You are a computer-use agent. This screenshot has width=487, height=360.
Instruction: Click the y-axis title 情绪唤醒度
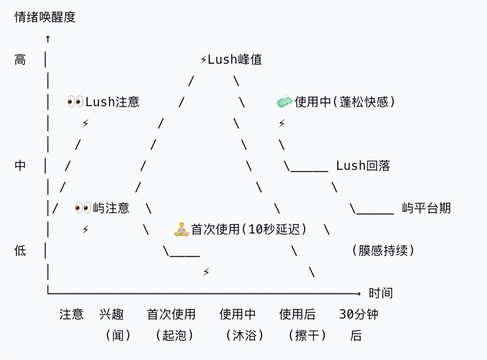point(45,17)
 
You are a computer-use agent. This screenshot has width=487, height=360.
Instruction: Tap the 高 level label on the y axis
point(20,60)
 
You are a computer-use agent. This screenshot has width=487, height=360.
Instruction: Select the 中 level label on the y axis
point(20,166)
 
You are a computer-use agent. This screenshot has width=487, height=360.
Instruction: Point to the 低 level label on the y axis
point(20,251)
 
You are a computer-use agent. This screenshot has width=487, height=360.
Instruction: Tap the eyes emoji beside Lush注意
point(75,101)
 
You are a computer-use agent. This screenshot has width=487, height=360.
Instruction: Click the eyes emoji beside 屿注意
point(83,208)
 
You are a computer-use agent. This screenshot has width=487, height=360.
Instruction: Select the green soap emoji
point(284,101)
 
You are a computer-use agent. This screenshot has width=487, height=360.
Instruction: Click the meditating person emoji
point(181,229)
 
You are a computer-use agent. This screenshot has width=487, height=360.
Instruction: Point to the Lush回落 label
point(363,166)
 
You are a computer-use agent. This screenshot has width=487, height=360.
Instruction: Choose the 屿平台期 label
point(426,208)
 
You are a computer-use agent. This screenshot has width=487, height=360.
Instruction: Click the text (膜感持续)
point(383,251)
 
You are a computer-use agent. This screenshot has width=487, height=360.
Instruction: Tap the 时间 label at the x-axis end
point(381,293)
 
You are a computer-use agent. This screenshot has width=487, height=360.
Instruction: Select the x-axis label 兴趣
point(111,315)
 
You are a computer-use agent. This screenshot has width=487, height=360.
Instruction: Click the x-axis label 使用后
point(298,315)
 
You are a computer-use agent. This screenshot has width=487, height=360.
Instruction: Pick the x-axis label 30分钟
point(359,315)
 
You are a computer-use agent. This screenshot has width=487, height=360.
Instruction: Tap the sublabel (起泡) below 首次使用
point(175,335)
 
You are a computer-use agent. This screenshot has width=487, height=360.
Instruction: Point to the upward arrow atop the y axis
point(48,39)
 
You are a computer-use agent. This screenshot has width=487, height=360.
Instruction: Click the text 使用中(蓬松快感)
point(345,101)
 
